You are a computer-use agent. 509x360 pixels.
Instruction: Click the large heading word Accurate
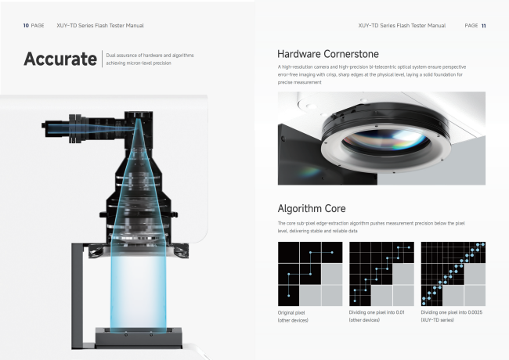coord(60,59)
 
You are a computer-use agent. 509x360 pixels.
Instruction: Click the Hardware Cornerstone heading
coord(328,54)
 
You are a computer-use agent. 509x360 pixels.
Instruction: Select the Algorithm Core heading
coord(312,208)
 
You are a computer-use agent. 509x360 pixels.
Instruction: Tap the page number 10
coord(26,25)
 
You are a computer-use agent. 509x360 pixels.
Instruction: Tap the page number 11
coord(484,26)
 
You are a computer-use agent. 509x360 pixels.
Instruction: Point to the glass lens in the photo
coord(385,142)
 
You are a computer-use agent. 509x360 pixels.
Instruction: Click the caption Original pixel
coord(291,312)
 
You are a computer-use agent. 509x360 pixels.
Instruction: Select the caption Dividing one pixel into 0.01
coord(377,312)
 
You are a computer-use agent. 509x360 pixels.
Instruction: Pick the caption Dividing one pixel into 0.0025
coord(452,312)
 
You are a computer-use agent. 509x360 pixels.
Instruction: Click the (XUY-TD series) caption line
coord(437,320)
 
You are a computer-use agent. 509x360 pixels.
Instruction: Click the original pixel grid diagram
coord(310,274)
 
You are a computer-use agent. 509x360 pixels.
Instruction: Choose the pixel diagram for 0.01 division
coord(381,274)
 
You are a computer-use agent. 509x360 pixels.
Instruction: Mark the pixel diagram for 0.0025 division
coord(453,274)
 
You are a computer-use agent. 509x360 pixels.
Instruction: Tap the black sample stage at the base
coord(139,337)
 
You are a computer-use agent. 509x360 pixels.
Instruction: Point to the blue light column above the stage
coord(139,292)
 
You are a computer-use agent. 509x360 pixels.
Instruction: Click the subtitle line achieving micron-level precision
coord(139,63)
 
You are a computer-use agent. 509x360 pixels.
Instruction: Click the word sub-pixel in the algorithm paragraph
coord(305,223)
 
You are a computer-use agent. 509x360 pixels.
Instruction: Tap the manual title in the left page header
coord(100,25)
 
